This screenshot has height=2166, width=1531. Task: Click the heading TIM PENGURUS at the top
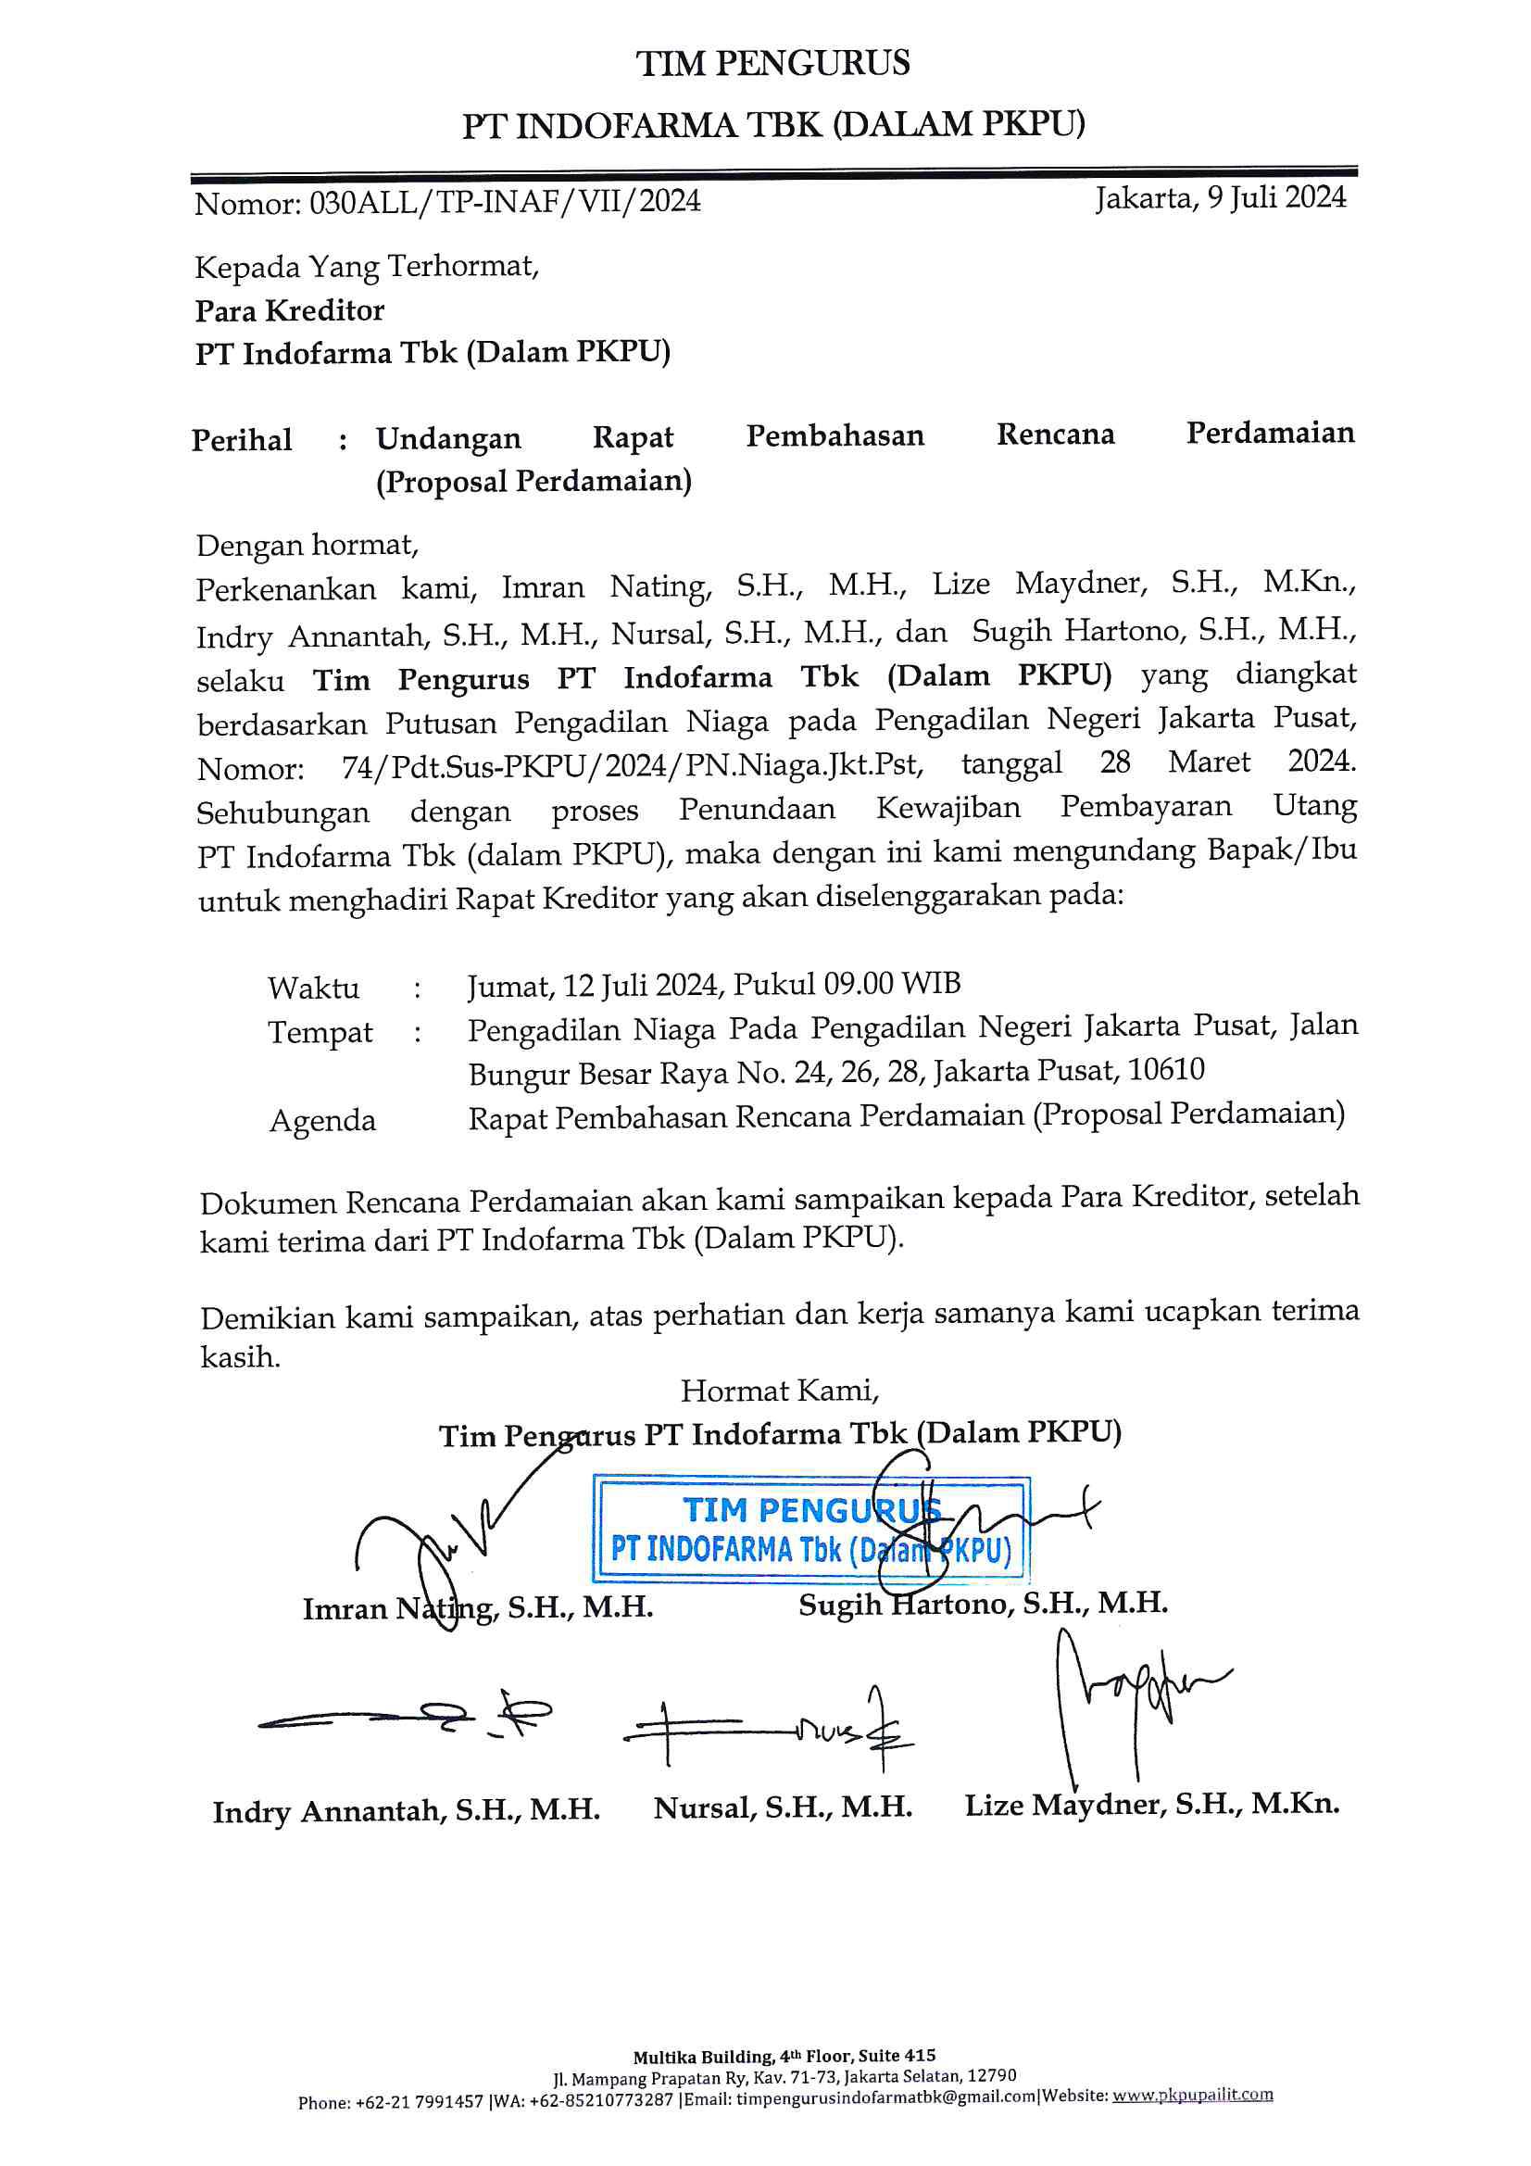[x=772, y=63]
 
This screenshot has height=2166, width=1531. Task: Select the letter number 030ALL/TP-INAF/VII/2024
[x=505, y=202]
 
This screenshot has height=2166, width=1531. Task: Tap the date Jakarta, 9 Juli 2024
[x=1221, y=197]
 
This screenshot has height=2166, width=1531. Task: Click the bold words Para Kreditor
[x=290, y=310]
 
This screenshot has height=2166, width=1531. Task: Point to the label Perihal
[x=242, y=440]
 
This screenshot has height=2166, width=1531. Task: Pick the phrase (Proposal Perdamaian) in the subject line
[x=533, y=481]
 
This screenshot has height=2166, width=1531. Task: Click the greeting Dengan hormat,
[x=307, y=545]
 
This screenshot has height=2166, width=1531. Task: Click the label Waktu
[x=313, y=988]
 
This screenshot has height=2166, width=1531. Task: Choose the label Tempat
[x=320, y=1032]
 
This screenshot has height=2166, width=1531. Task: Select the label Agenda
[x=322, y=1120]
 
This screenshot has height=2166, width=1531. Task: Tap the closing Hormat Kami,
[x=779, y=1391]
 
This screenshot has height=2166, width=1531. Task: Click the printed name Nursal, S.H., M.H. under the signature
[x=782, y=1807]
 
